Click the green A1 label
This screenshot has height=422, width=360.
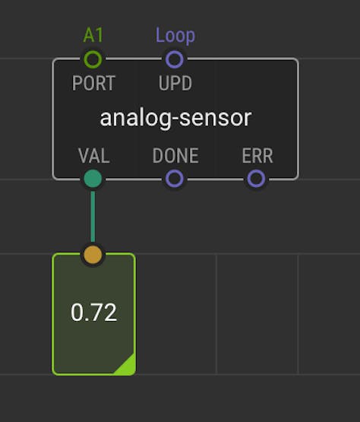93,35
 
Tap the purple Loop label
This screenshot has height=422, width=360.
175,36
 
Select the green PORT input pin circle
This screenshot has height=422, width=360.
93,59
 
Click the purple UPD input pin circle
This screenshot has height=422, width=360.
175,59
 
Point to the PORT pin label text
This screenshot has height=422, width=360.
93,83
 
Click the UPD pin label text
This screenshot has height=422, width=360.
175,83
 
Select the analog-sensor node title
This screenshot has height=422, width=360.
175,119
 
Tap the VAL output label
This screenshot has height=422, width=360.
94,156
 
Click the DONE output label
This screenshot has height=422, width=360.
175,156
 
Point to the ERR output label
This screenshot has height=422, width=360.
257,156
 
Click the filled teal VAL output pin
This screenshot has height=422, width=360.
93,179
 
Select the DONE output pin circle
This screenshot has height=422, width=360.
175,179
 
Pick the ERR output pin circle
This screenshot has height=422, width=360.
256,179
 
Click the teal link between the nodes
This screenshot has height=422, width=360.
93,217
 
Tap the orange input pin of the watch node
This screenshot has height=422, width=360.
93,255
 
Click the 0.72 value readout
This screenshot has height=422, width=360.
93,313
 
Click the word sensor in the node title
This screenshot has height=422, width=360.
216,119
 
